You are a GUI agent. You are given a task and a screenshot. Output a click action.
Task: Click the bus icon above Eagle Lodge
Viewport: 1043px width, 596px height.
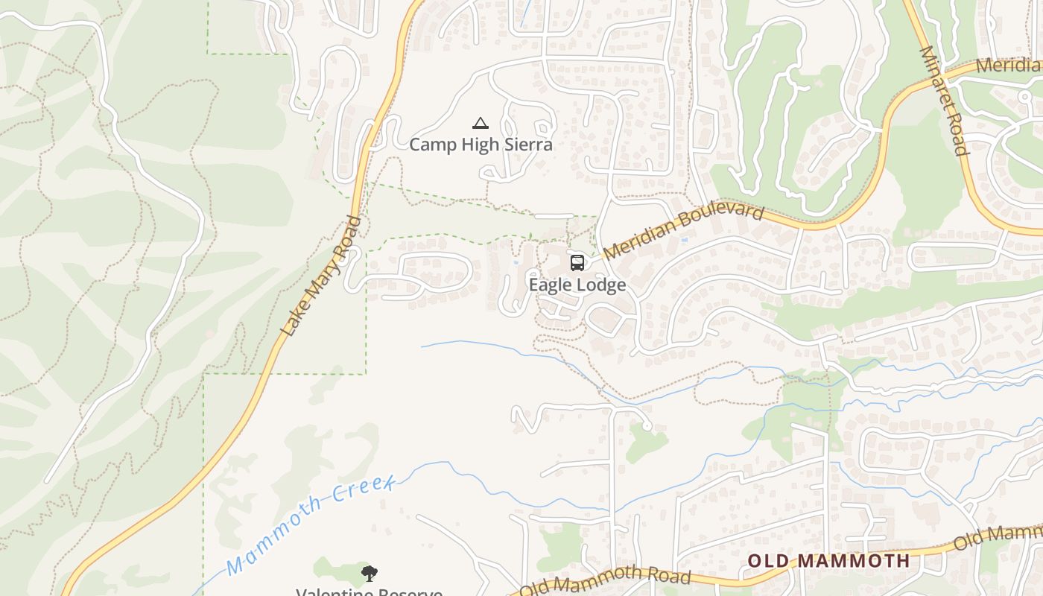tap(577, 262)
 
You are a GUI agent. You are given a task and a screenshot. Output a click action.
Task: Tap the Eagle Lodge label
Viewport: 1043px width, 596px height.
tap(577, 285)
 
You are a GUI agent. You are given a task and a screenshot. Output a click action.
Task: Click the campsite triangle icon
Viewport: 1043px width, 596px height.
tap(481, 124)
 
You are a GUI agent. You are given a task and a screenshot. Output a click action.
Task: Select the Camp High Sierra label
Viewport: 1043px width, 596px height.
tap(481, 145)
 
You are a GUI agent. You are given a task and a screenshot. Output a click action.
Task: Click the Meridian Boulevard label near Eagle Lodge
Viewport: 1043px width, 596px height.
tap(683, 232)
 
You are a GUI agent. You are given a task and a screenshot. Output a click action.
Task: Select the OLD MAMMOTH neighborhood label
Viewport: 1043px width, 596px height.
tap(828, 561)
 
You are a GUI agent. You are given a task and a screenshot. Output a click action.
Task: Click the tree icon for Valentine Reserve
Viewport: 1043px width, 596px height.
tap(369, 573)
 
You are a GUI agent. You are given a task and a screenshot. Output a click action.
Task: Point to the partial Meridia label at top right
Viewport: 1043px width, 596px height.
tap(1007, 65)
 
